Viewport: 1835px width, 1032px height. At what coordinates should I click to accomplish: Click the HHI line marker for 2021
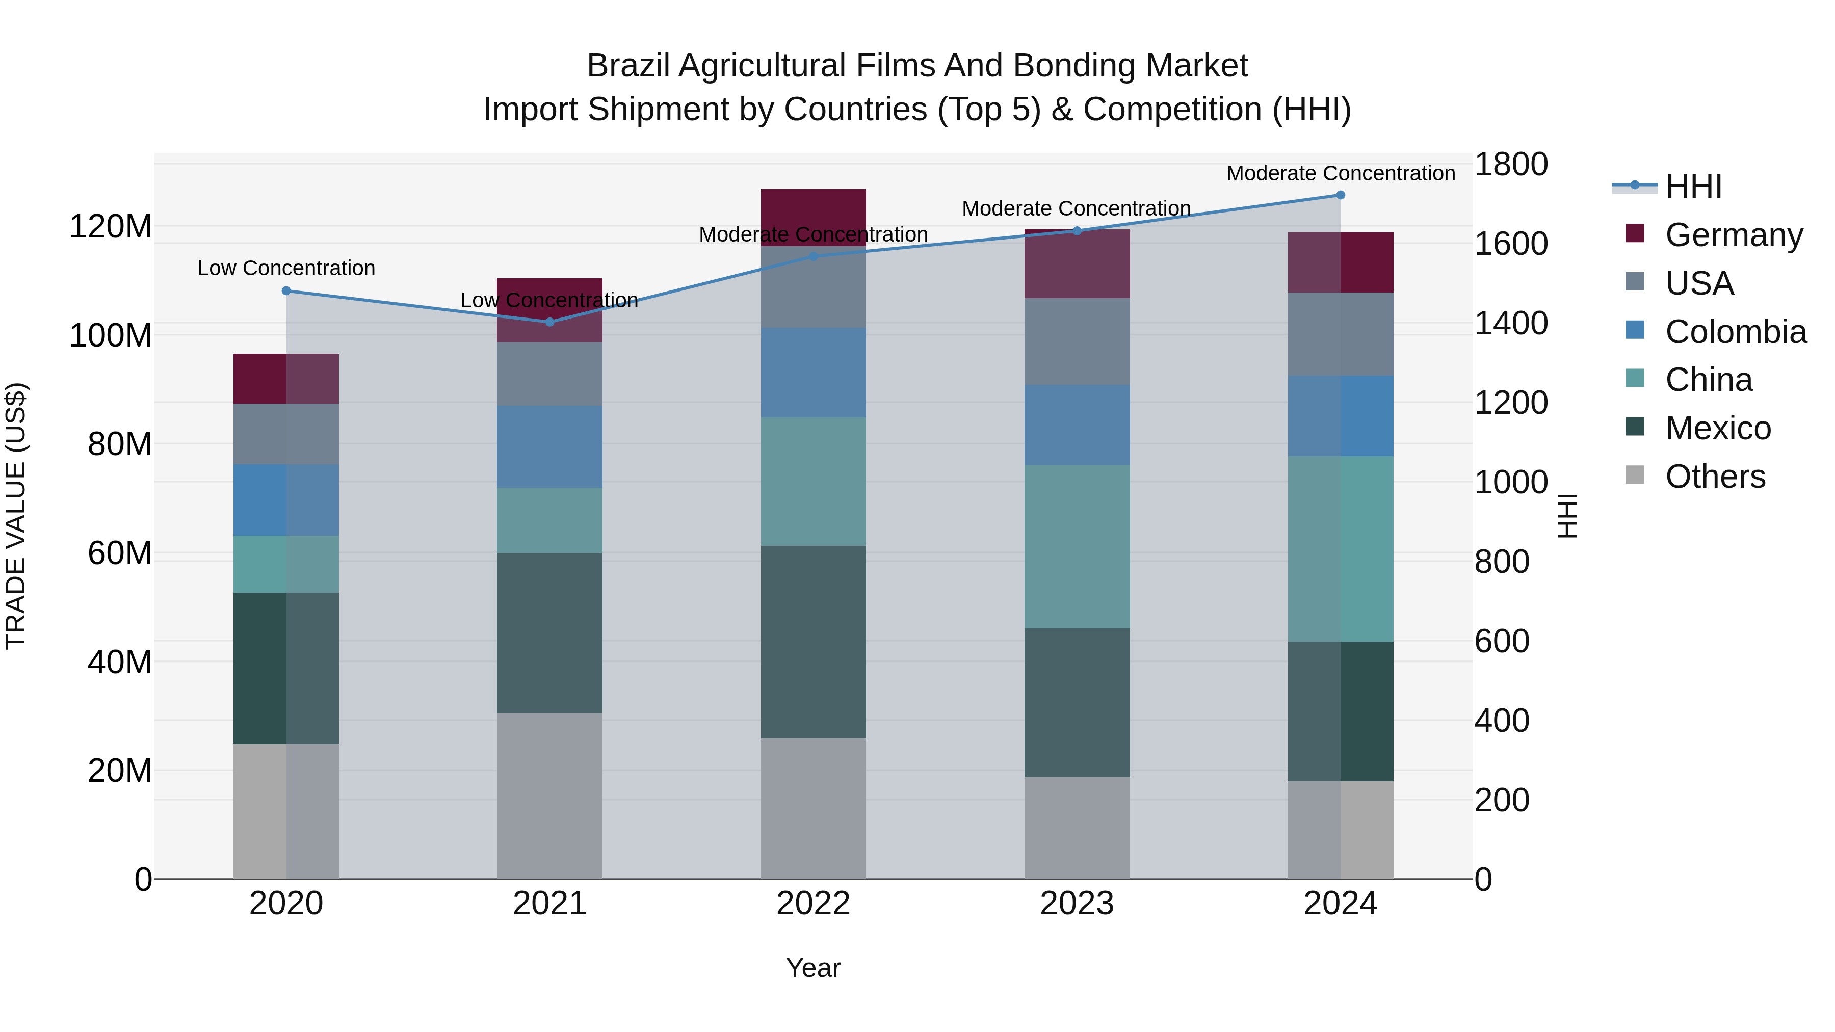(x=549, y=322)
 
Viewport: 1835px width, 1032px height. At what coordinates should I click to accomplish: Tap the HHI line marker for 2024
(x=1340, y=195)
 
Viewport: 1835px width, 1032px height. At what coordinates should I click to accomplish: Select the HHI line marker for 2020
(x=286, y=290)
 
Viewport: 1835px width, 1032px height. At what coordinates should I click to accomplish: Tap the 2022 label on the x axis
(x=813, y=903)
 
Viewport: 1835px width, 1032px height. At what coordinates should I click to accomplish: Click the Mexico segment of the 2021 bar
(x=549, y=632)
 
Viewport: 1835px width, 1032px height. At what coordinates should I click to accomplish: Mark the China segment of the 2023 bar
(x=1077, y=546)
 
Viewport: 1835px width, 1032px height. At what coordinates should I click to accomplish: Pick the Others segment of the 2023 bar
(x=1077, y=828)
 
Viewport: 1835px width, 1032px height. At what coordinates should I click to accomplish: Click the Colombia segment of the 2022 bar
(x=813, y=373)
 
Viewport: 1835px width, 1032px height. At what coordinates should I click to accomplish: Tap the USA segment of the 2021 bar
(x=549, y=374)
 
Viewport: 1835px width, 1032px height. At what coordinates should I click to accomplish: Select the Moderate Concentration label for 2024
(x=1340, y=173)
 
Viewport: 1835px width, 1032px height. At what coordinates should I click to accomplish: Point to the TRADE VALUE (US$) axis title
(x=16, y=516)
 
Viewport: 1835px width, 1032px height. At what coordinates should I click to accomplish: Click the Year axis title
(x=813, y=968)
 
